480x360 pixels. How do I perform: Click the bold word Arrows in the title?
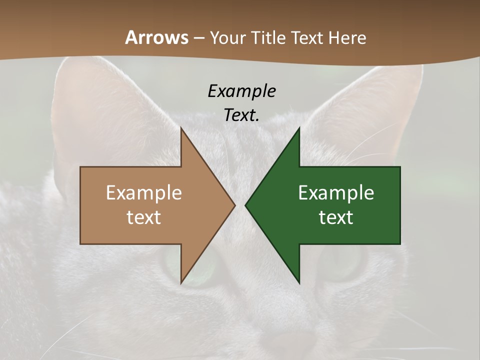(x=156, y=37)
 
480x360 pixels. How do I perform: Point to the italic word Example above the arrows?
(x=242, y=91)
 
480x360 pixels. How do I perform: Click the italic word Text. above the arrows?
(x=242, y=115)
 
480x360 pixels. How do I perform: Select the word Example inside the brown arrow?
(x=144, y=193)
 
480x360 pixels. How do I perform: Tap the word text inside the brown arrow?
(x=144, y=217)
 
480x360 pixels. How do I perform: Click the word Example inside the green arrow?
(x=336, y=193)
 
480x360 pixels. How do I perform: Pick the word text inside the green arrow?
(x=336, y=217)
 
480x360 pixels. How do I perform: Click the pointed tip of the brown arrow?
(x=234, y=205)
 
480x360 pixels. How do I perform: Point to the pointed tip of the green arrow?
(x=246, y=205)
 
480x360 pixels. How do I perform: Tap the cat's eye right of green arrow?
(x=345, y=265)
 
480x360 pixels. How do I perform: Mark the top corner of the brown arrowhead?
(x=181, y=128)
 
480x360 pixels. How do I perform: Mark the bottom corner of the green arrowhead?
(x=299, y=282)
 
